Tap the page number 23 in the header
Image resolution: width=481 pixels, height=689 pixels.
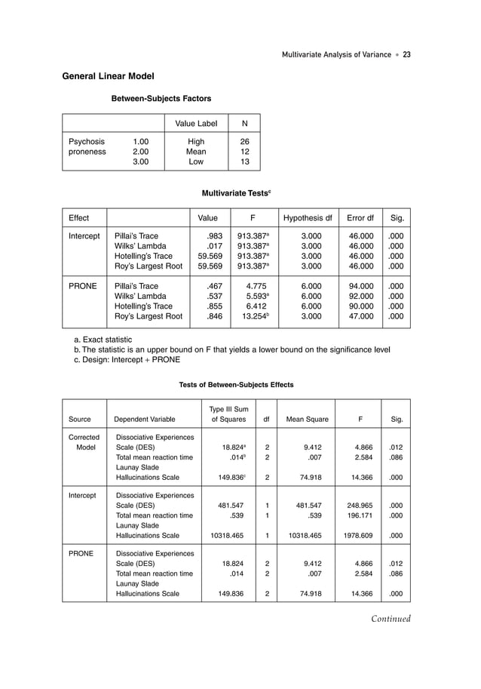coord(406,54)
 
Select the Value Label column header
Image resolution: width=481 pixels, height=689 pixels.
coord(196,124)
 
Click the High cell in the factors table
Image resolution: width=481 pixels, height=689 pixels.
coord(196,141)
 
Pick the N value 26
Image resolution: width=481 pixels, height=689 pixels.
coord(244,141)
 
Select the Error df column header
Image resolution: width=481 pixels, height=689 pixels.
coord(360,219)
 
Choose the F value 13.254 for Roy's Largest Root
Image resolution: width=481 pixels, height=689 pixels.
coord(249,317)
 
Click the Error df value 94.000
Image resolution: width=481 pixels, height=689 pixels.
coord(360,287)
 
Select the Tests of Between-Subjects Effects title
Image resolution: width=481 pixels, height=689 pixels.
coord(236,385)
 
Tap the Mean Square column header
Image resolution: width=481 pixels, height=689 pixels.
coord(307,419)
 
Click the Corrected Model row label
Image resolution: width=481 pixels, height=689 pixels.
coord(84,442)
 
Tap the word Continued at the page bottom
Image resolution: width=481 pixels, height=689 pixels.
coord(390,620)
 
